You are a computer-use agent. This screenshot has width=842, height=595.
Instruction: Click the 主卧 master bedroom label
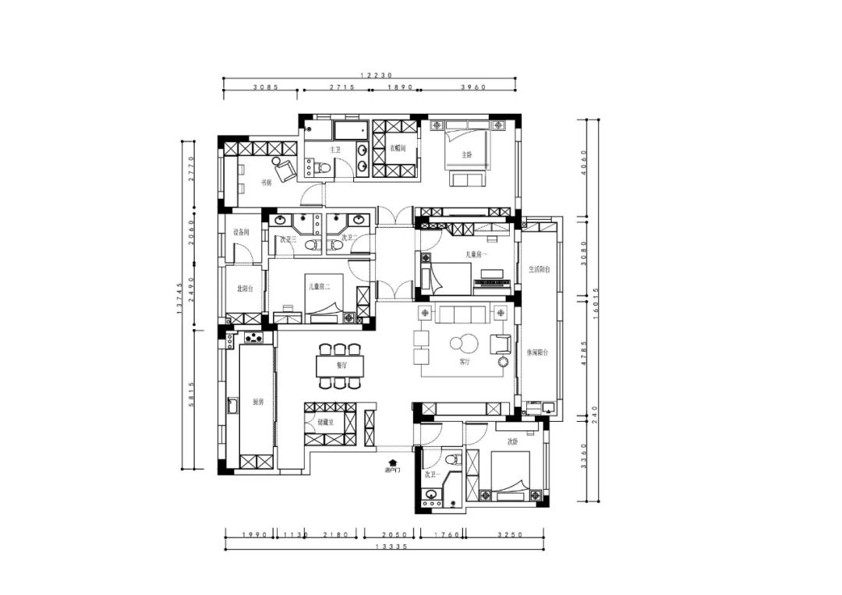coord(466,154)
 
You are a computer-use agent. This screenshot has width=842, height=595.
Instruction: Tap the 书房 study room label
coord(267,182)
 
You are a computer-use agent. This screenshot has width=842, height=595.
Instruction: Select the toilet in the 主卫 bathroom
coord(324,167)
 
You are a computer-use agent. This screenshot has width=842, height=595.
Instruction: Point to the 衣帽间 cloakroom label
coord(398,147)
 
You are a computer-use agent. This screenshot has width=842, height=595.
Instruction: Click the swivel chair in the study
coord(285,168)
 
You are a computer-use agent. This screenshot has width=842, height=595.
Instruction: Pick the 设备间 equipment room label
coord(241,232)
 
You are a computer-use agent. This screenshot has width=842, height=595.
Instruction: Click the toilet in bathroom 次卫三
coord(311,246)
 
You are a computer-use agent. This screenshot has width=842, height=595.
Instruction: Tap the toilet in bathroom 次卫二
coord(335,246)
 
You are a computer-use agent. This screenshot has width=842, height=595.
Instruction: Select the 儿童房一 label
coord(476,254)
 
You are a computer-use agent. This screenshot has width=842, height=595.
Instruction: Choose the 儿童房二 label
coord(318,287)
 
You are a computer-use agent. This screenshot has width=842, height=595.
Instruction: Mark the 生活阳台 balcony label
coord(539,269)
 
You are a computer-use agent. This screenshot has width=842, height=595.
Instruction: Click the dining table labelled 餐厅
coord(340,365)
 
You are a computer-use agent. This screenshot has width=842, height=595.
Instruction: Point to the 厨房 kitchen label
coord(258,402)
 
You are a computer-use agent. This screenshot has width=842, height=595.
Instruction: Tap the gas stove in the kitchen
coord(254,338)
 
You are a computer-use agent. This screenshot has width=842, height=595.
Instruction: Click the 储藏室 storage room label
coord(325,423)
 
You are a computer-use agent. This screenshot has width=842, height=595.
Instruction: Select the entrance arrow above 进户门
coord(393,462)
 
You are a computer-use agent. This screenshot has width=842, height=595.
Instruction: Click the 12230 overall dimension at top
coord(370,76)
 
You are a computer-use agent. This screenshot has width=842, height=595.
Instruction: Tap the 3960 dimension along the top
coord(473,87)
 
